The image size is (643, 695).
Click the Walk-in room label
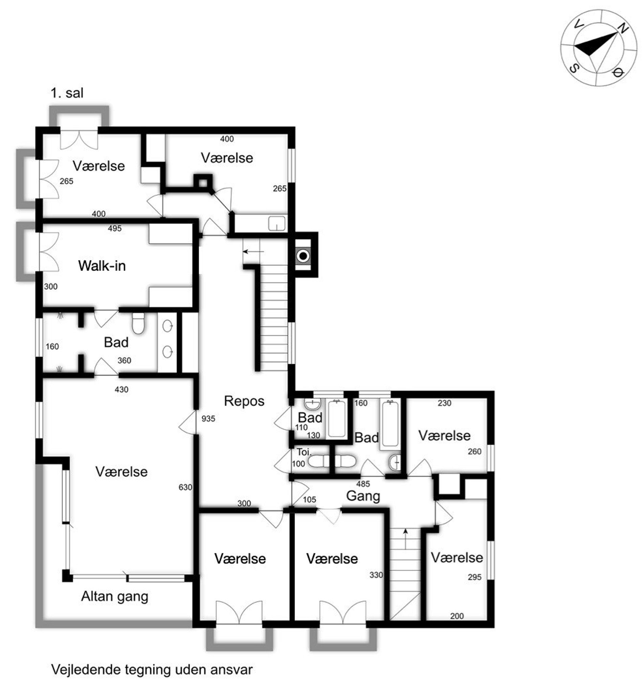click(x=102, y=266)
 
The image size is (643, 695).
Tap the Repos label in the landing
click(x=244, y=401)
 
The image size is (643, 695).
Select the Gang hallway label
click(x=363, y=496)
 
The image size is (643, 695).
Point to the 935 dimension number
click(x=208, y=419)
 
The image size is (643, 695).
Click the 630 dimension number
click(x=185, y=487)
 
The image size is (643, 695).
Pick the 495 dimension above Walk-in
click(x=114, y=228)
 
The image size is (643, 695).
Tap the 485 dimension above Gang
click(x=363, y=484)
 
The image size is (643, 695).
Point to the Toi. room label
click(x=304, y=452)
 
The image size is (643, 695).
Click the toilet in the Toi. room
click(x=318, y=462)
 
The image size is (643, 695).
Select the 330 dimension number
click(x=376, y=575)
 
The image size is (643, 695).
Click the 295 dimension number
click(x=474, y=577)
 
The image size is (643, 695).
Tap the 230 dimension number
click(x=444, y=403)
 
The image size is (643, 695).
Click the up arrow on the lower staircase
click(x=405, y=539)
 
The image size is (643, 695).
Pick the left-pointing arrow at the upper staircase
click(x=253, y=251)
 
